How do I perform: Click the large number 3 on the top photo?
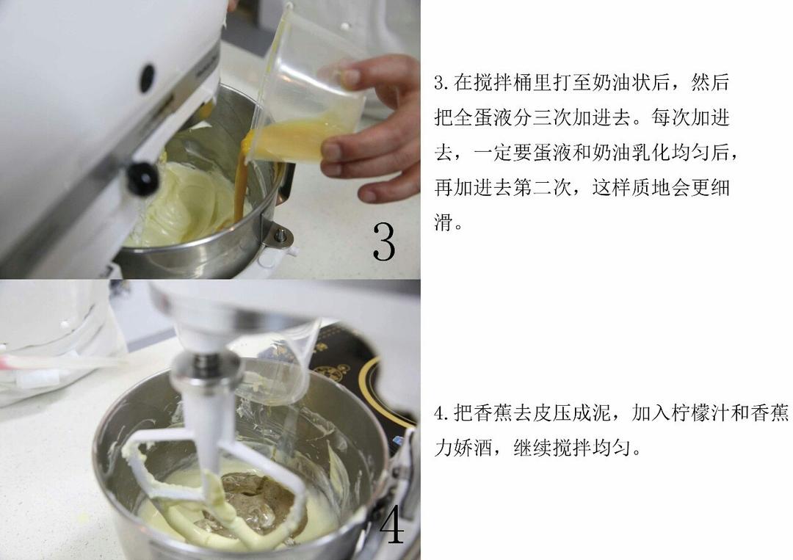383,241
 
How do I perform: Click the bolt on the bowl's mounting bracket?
280,236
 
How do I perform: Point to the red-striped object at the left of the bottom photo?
44,361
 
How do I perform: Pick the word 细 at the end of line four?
720,189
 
